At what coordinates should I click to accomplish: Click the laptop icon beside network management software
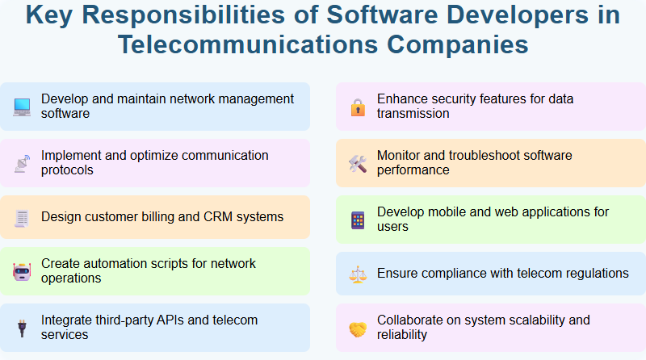(x=22, y=107)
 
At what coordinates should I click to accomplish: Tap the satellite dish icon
(x=22, y=163)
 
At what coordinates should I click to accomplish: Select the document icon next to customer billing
(x=22, y=217)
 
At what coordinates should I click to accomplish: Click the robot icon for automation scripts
(x=22, y=271)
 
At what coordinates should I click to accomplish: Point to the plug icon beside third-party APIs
(x=22, y=328)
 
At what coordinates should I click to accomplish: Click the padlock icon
(x=358, y=107)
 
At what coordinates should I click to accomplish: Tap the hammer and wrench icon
(x=358, y=163)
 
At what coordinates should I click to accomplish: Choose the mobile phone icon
(x=358, y=220)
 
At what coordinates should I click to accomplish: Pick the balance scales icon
(x=358, y=274)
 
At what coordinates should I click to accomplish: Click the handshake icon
(x=358, y=328)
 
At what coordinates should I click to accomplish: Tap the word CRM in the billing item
(x=216, y=216)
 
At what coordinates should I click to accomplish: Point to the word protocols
(x=67, y=170)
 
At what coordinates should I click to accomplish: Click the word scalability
(x=527, y=320)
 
